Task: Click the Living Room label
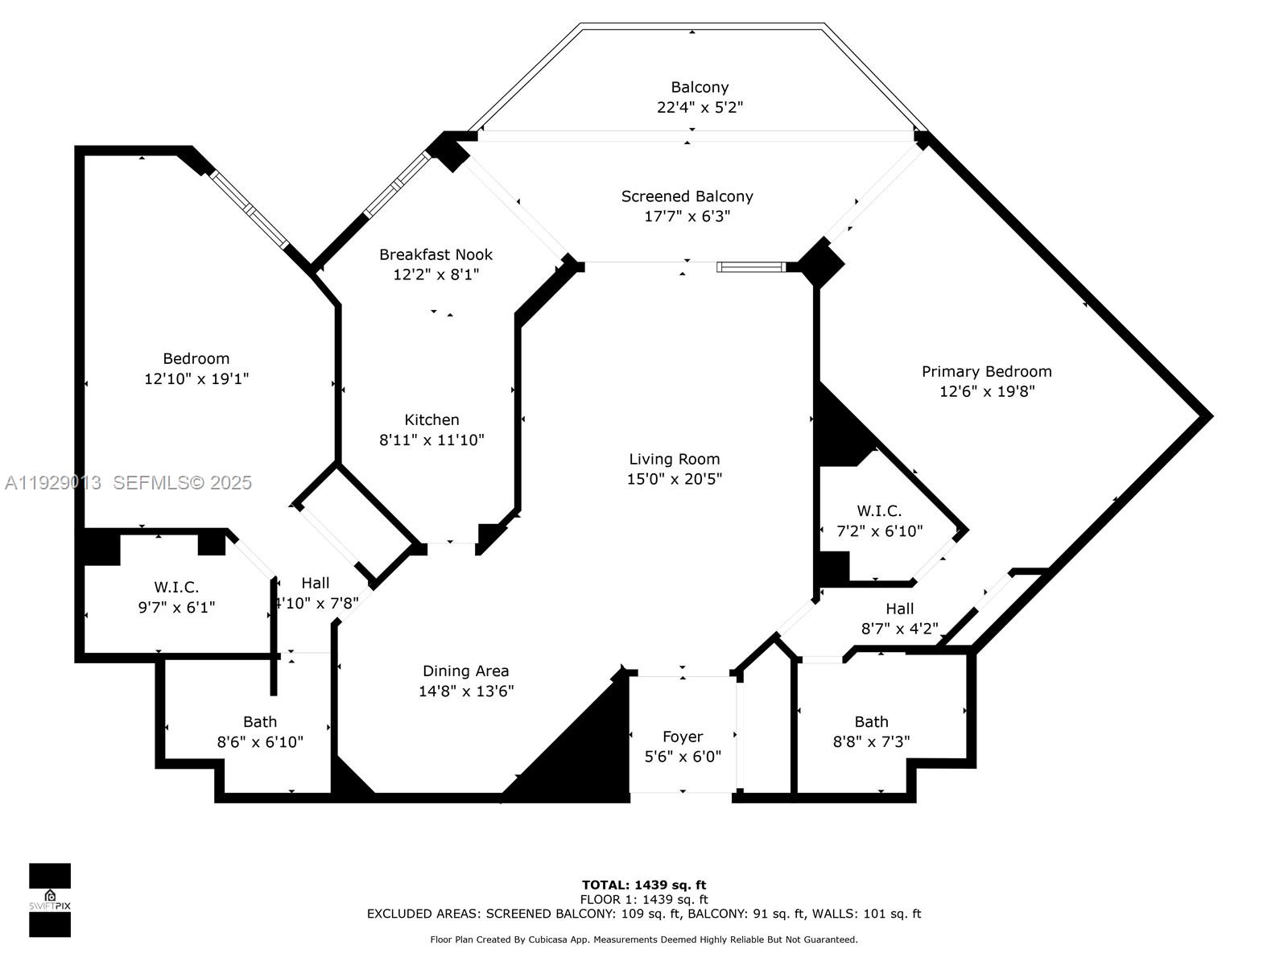(674, 459)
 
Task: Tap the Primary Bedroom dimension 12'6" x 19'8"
(986, 392)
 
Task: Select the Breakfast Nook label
(436, 254)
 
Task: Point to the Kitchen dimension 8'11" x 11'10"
(431, 440)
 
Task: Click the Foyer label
(682, 737)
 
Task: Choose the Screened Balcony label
(687, 196)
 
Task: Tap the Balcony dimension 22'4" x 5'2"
(699, 107)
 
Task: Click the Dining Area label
(465, 671)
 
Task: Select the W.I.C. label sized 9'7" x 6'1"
(176, 588)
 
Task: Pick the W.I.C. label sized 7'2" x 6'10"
(879, 511)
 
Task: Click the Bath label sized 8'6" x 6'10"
(259, 722)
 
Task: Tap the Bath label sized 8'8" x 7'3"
(871, 722)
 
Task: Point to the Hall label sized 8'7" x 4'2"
(899, 609)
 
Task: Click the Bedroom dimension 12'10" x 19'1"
(196, 379)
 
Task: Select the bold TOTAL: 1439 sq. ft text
(643, 885)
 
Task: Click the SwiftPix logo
(50, 900)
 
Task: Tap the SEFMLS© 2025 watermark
(182, 483)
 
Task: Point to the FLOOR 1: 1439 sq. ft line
(643, 900)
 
